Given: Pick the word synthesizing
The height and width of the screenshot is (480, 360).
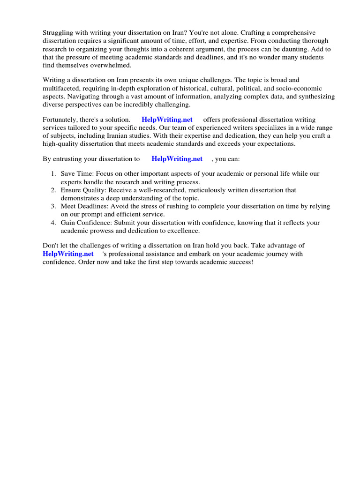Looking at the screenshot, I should point(315,97).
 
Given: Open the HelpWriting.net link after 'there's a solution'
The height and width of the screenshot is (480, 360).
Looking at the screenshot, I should point(167,120).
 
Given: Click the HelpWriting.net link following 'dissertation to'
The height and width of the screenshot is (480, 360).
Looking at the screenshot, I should point(177,159).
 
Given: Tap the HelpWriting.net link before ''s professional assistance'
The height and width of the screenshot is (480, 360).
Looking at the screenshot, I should point(68,254).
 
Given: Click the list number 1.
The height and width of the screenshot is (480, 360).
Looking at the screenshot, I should point(53,173).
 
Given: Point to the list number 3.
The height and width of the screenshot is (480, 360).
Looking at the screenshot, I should point(53,206).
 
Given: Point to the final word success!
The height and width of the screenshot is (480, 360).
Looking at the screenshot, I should point(240,262).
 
